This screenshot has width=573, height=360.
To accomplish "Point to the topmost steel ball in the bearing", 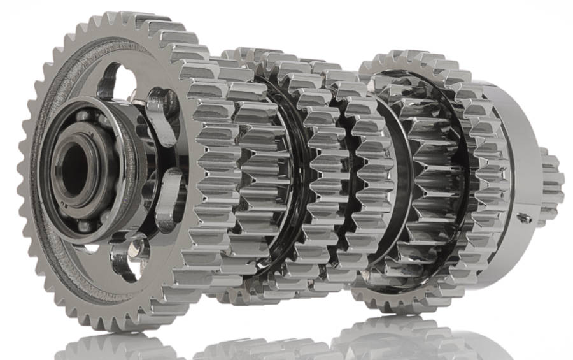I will [83, 117].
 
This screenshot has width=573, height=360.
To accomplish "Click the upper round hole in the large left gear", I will [118, 80].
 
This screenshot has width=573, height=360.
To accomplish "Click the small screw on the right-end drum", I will [525, 218].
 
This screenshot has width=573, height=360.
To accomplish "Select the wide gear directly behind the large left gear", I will [216, 172].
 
